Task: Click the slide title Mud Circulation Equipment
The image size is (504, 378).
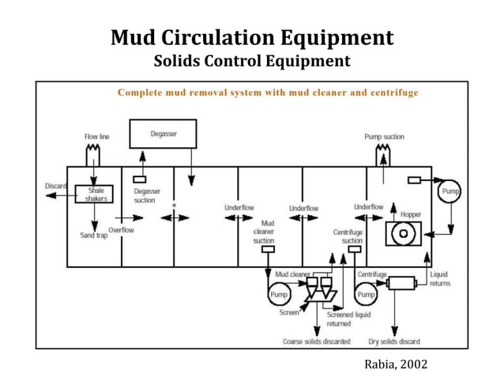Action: click(251, 37)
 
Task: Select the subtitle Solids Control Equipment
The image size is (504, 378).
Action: click(251, 62)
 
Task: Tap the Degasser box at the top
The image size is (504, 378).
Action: click(164, 135)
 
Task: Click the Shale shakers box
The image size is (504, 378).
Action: click(96, 194)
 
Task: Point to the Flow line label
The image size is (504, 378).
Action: click(96, 137)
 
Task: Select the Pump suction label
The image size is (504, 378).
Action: click(384, 137)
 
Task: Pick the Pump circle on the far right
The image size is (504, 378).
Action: click(450, 191)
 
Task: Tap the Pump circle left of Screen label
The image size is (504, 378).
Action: click(279, 295)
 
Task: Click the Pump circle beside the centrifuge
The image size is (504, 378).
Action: click(365, 295)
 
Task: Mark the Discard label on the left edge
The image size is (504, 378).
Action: click(55, 186)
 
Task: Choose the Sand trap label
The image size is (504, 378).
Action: click(94, 236)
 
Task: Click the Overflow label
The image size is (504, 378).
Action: click(121, 229)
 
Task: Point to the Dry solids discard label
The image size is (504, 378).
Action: click(394, 342)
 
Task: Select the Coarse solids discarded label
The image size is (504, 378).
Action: click(316, 342)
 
